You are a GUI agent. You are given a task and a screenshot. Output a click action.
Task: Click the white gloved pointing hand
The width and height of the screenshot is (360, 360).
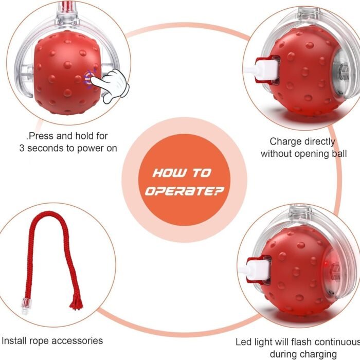(113, 85)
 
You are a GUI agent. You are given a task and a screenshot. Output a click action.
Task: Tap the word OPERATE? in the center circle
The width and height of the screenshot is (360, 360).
(184, 191)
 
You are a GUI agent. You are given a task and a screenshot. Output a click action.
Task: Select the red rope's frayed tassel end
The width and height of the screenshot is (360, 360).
(77, 302)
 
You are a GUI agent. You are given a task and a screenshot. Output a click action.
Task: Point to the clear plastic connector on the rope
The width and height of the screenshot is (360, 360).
(25, 307)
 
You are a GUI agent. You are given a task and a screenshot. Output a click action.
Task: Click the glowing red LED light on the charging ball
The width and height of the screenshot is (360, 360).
(327, 263)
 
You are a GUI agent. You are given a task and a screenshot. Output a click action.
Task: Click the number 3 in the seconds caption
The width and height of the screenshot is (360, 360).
(22, 148)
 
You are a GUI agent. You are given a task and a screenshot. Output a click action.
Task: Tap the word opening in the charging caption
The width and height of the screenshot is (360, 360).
(313, 154)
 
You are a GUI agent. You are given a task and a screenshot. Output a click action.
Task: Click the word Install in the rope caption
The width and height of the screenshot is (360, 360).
(13, 340)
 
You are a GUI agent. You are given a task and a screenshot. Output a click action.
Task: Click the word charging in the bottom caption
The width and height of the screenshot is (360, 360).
(320, 354)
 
